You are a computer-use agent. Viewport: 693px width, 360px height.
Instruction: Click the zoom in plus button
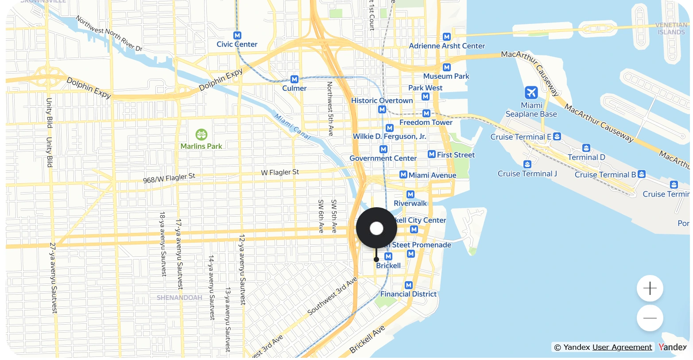tap(650, 289)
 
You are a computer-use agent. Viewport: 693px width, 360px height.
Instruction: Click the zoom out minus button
tap(650, 318)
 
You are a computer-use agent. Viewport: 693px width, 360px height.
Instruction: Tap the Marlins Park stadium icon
tap(201, 134)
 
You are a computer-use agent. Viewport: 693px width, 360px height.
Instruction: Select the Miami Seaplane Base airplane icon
tap(531, 93)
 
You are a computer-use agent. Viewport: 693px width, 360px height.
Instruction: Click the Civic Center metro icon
tap(237, 35)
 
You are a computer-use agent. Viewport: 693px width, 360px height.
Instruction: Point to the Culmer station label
tap(294, 88)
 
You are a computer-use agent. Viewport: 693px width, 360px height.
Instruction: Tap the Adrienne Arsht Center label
tap(447, 46)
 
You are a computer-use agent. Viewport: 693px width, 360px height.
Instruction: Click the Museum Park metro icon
tap(447, 67)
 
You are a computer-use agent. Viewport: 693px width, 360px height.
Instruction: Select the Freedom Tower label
tap(426, 122)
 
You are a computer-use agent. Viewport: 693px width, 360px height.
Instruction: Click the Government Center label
tap(383, 158)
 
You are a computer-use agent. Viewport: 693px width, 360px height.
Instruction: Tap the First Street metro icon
tap(432, 154)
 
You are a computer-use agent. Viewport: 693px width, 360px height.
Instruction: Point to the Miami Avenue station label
tap(432, 175)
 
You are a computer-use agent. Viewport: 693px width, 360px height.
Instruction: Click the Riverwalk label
tap(410, 203)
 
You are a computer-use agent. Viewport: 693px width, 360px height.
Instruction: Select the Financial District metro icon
tap(409, 285)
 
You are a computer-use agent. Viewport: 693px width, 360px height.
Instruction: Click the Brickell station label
tap(388, 266)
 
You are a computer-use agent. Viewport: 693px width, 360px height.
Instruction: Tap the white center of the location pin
tap(376, 228)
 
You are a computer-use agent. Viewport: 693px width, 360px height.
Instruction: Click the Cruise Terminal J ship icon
tap(527, 164)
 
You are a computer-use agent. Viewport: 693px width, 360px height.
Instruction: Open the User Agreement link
tap(622, 347)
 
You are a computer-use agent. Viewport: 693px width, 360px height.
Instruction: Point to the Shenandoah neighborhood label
tap(179, 298)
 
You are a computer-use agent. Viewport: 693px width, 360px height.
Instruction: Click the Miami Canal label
tap(293, 127)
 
